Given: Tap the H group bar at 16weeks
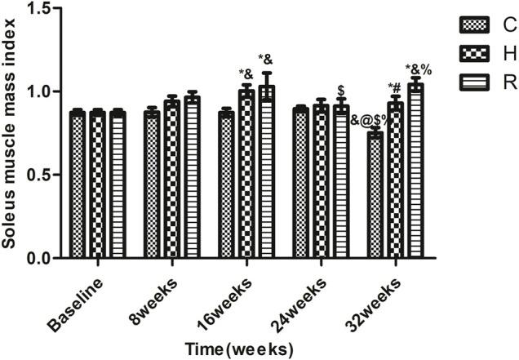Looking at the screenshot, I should [246, 175].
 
